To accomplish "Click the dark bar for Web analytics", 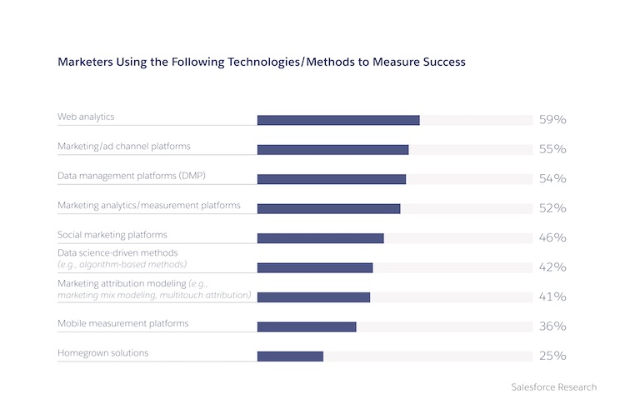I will (x=337, y=120).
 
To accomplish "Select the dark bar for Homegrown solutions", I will (x=290, y=357).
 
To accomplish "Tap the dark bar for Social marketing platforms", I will (x=320, y=238).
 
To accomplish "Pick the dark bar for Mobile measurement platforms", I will (x=307, y=327).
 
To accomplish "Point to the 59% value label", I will (x=552, y=120).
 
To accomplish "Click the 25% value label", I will (x=552, y=357).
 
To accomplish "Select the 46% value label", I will (x=552, y=238).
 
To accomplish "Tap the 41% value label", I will (x=552, y=297).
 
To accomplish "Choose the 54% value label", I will (x=552, y=179).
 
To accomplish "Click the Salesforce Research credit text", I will (x=553, y=387).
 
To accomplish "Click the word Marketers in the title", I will (x=83, y=62).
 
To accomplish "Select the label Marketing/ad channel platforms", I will (x=123, y=146).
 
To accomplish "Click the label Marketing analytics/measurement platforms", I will (x=148, y=205).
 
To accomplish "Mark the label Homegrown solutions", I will (x=102, y=352).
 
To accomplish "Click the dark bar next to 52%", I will (x=328, y=208).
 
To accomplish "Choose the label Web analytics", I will (x=85, y=117).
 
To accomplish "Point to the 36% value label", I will (x=552, y=327).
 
